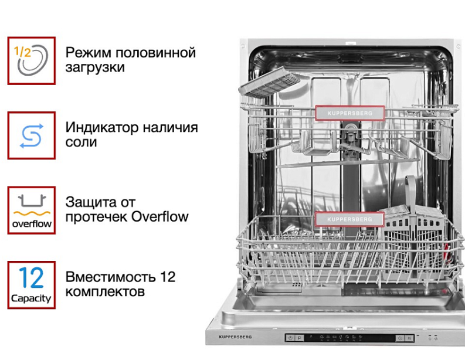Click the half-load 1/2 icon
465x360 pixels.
(x=31, y=60)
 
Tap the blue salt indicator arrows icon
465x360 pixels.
(x=31, y=135)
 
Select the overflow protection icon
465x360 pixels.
(x=31, y=210)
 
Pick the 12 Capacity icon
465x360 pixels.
(x=31, y=285)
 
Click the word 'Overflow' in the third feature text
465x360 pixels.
(x=159, y=217)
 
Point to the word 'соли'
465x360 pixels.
(x=82, y=142)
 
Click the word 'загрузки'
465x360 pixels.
(x=95, y=67)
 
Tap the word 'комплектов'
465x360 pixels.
(x=105, y=291)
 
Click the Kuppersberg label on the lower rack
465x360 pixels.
(x=349, y=219)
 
